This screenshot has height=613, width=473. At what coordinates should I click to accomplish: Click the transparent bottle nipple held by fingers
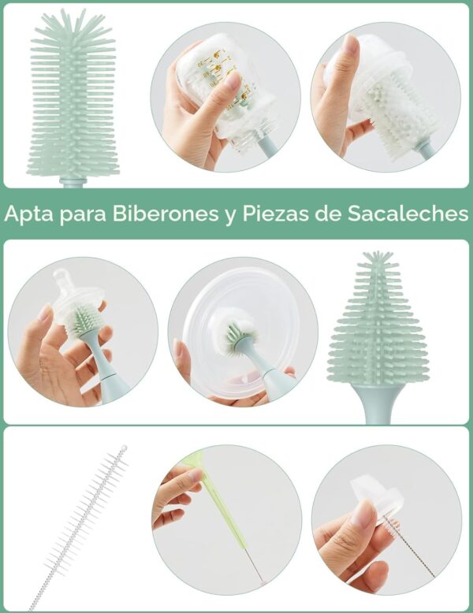click(79, 292)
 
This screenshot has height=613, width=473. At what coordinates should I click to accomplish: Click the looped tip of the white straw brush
click(122, 450)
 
